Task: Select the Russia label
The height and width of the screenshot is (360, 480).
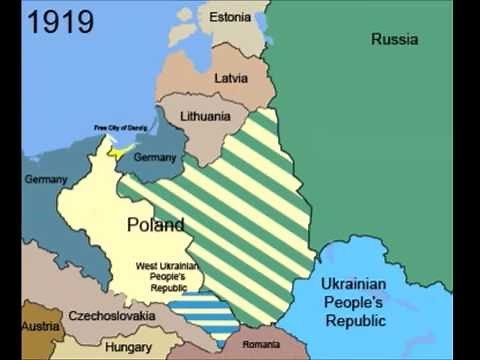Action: tap(394, 39)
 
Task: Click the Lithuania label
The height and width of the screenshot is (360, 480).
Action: tap(205, 116)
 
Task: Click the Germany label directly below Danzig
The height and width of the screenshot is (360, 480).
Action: tap(154, 157)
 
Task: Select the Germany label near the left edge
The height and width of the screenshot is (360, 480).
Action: tap(46, 179)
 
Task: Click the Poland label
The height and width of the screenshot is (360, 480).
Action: tap(155, 225)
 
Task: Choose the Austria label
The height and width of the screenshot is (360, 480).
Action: tap(40, 327)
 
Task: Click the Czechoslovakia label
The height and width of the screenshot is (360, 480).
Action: tap(111, 316)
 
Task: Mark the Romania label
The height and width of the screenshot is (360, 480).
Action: tap(260, 344)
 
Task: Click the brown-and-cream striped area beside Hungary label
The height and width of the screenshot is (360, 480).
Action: tap(70, 348)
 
